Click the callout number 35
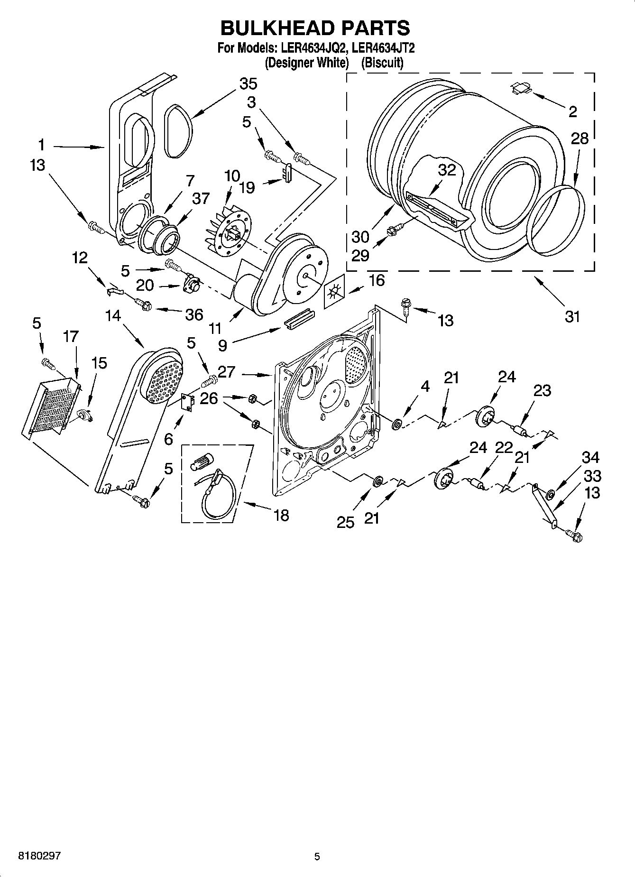tap(248, 84)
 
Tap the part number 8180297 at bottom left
tap(39, 856)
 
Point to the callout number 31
tap(572, 316)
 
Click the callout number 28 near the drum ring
tap(580, 138)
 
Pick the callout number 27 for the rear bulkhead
tap(226, 372)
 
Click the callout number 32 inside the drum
tap(446, 170)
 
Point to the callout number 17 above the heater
tap(70, 337)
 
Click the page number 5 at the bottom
tap(317, 857)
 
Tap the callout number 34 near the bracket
tap(591, 458)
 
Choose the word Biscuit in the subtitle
tap(382, 63)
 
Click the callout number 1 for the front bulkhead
tap(42, 144)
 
